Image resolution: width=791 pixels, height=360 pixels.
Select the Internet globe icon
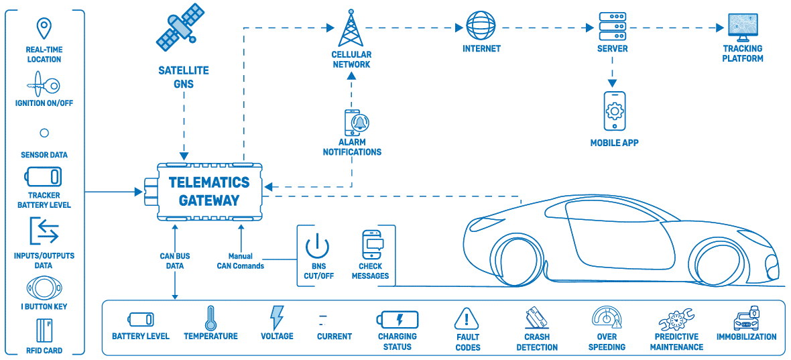pyautogui.click(x=481, y=27)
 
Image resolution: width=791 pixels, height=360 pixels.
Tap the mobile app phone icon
pyautogui.click(x=614, y=111)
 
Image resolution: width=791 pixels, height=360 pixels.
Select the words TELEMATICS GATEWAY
pyautogui.click(x=208, y=191)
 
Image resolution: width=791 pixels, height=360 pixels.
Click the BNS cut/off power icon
pyautogui.click(x=317, y=246)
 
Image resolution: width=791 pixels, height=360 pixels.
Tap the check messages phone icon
pyautogui.click(x=371, y=245)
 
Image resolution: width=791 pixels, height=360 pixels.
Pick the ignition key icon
pyautogui.click(x=43, y=86)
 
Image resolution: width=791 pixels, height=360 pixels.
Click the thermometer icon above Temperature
pyautogui.click(x=210, y=318)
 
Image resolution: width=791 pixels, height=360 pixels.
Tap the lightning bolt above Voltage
pyautogui.click(x=276, y=318)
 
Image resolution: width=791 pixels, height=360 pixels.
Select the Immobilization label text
pyautogui.click(x=746, y=337)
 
